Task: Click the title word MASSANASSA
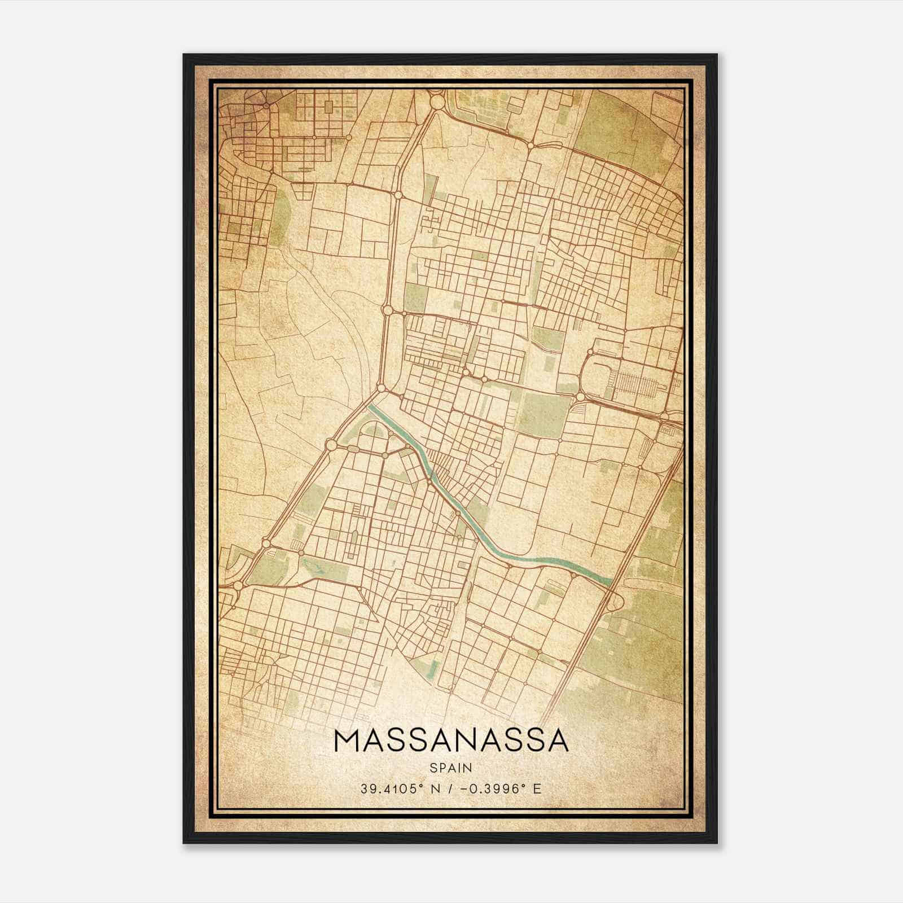point(451,740)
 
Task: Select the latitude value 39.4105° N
point(397,788)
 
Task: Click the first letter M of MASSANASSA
point(345,740)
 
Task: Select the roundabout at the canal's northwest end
point(382,389)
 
